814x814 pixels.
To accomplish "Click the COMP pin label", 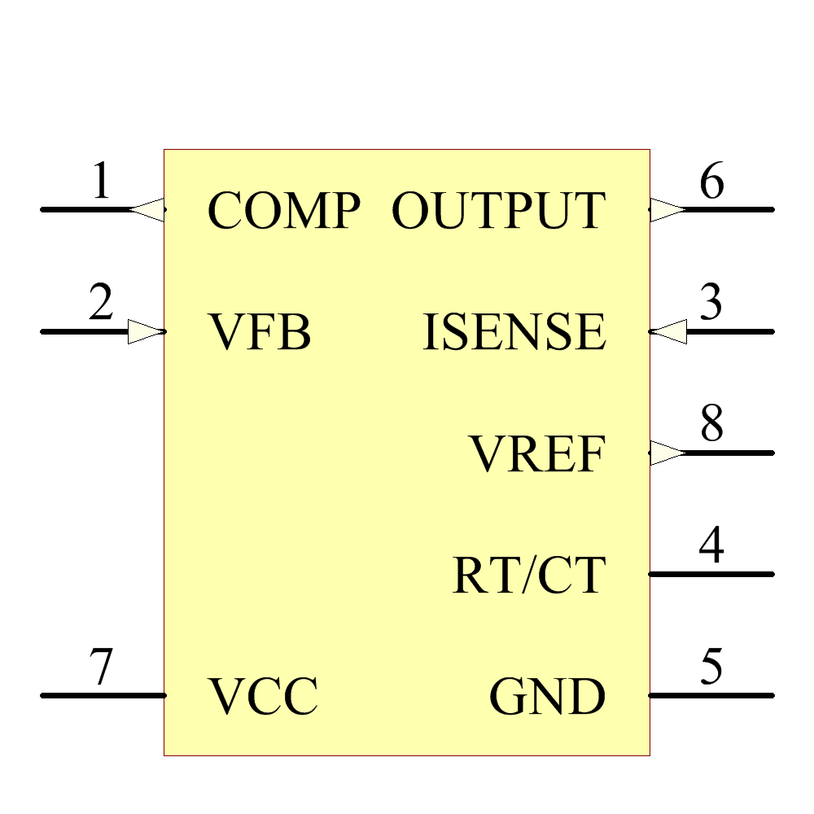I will (283, 211).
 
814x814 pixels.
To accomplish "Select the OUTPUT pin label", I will (498, 211).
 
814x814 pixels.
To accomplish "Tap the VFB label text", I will (260, 333).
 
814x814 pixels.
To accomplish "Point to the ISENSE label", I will (514, 333).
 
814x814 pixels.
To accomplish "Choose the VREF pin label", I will (537, 454).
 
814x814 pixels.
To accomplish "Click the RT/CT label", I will (529, 575).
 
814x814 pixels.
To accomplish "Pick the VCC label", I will (264, 697).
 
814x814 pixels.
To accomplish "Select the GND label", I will (547, 697).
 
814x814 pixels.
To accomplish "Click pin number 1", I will (100, 182).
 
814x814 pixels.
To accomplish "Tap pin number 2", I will (100, 304).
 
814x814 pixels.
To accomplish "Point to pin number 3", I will (711, 304).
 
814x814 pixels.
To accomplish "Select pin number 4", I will (711, 546).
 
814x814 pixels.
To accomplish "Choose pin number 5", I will (711, 667).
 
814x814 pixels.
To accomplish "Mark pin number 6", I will (711, 182).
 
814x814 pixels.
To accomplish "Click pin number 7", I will (100, 669).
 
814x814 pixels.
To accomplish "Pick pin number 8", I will (711, 425).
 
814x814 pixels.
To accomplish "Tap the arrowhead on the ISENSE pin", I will (670, 331).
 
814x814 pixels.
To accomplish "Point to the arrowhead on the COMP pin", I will (148, 209).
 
